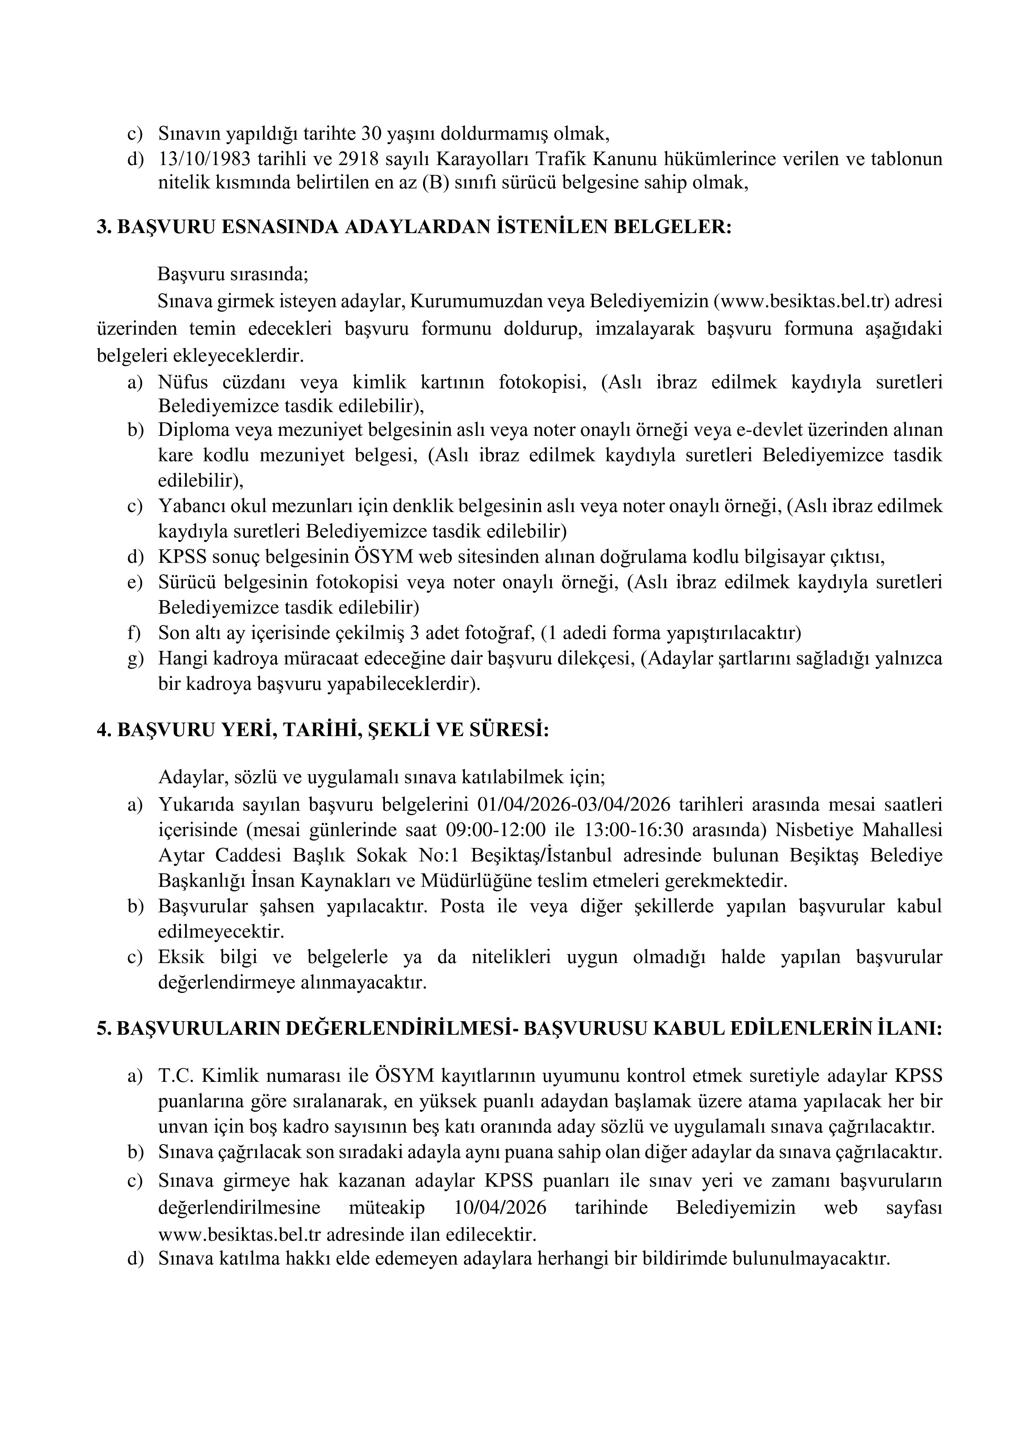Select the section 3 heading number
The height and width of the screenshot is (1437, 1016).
(x=104, y=227)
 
